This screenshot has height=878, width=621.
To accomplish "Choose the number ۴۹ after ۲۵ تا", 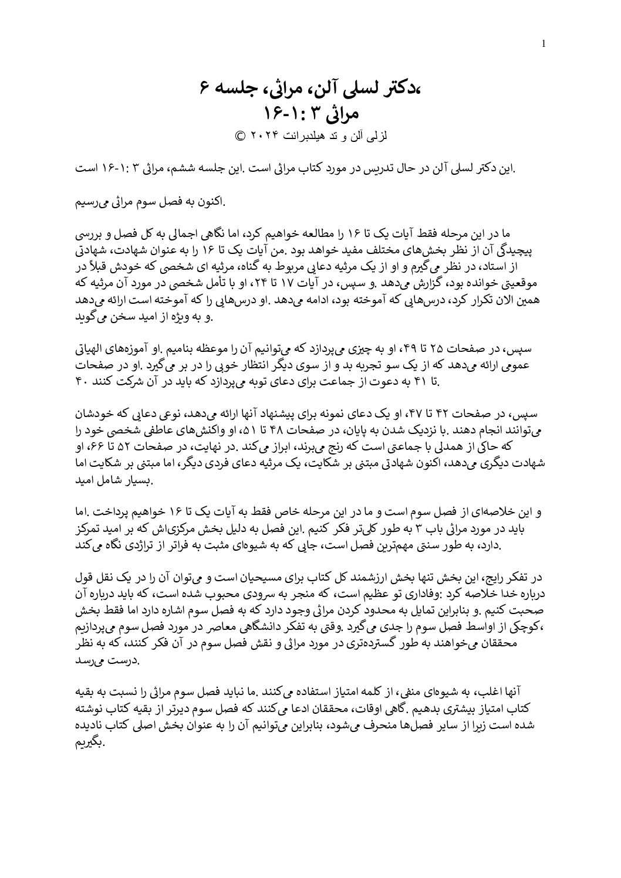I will pyautogui.click(x=404, y=350).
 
